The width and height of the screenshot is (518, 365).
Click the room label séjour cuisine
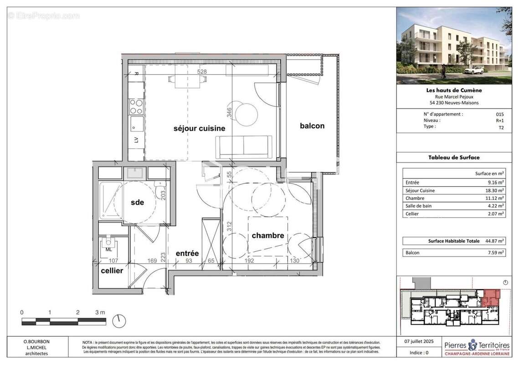[199, 129]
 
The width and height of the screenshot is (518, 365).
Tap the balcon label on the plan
[312, 126]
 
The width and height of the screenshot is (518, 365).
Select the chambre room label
[268, 236]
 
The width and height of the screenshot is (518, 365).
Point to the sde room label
[137, 202]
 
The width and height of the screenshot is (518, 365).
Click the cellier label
[112, 271]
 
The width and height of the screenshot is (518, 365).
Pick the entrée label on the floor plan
[187, 253]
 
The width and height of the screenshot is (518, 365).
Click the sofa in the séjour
[244, 147]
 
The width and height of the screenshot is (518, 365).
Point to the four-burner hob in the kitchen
[136, 107]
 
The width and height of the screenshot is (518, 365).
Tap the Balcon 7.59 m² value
[496, 253]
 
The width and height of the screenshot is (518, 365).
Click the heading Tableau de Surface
[454, 157]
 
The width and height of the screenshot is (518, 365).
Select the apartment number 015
[500, 115]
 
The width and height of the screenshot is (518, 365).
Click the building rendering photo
[454, 46]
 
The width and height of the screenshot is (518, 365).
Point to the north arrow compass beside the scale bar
[119, 321]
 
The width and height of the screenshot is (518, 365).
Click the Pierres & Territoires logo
[477, 349]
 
